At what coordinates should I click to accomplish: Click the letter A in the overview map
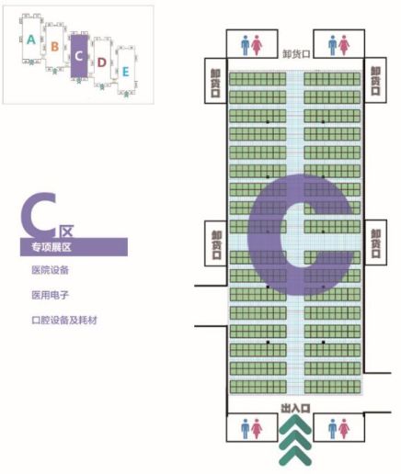31,39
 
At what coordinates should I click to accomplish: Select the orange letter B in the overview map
54,47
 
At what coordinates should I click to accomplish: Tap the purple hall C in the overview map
79,56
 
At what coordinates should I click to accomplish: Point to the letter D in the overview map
101,62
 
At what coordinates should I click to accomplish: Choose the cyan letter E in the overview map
125,73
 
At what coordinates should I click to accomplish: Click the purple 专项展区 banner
74,247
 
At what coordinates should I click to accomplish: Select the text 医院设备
50,270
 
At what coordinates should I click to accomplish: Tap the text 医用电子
50,295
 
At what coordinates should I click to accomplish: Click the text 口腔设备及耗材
64,321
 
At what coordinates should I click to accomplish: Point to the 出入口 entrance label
295,408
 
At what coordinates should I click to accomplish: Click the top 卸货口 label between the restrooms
296,54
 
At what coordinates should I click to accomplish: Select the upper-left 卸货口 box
216,81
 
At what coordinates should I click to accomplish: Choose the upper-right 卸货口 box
375,80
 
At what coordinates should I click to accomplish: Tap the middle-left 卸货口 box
216,243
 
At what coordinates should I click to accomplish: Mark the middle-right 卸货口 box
375,243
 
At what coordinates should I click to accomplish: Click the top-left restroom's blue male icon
245,45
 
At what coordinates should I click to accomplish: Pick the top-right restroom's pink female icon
344,45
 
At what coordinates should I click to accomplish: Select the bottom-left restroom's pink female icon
257,429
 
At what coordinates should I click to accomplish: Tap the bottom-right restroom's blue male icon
333,429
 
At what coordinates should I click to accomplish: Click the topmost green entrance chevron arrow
295,424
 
